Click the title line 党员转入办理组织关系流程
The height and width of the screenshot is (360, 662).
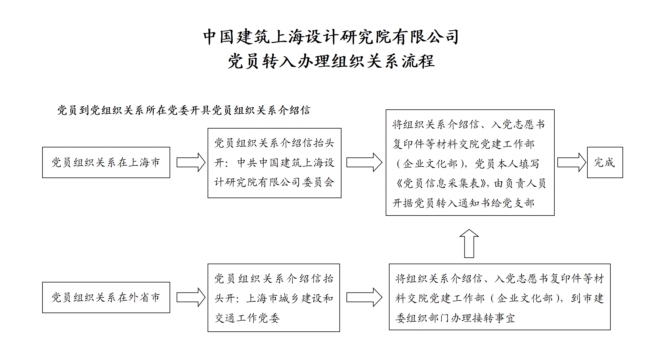click(331, 61)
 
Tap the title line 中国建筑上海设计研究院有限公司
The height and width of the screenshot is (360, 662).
click(331, 37)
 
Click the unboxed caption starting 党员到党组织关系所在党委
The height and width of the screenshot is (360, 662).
click(184, 110)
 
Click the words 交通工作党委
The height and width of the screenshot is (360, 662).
click(247, 318)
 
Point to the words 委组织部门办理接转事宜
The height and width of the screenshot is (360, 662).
click(455, 318)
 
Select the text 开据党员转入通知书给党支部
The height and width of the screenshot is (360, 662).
click(464, 203)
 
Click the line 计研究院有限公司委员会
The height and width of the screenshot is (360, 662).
click(275, 182)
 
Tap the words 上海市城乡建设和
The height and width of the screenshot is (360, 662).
click(290, 298)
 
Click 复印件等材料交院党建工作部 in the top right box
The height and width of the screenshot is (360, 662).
click(464, 144)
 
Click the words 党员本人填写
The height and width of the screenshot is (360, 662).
click(507, 164)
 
